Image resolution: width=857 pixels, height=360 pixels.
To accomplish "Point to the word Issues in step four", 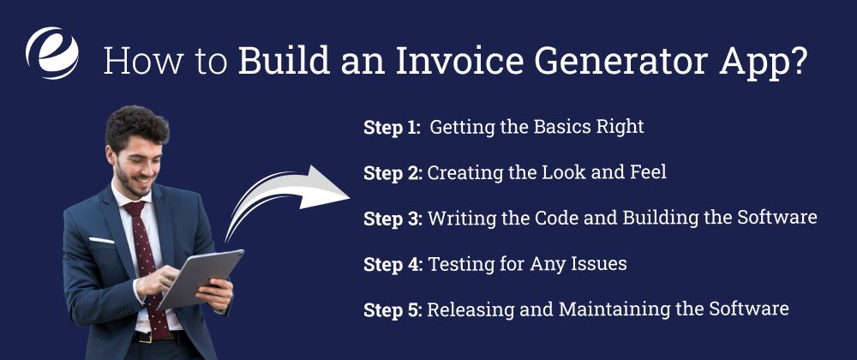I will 597,263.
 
